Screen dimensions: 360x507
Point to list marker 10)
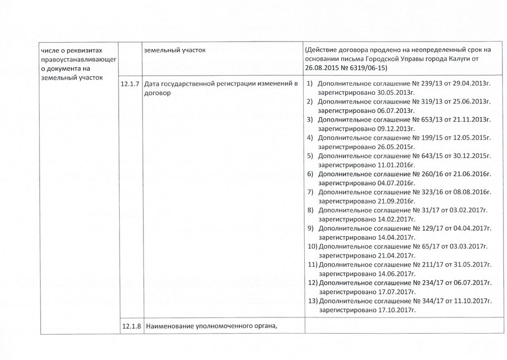click(x=313, y=246)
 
